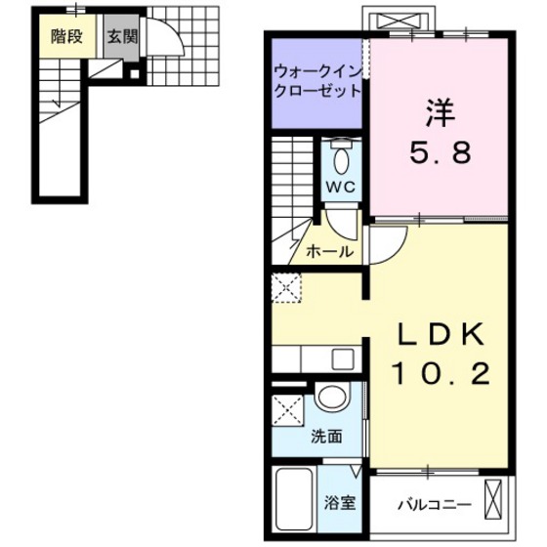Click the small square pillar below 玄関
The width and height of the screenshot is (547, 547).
click(133, 70)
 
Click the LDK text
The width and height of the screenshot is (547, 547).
click(440, 334)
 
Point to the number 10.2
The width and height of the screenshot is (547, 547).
click(441, 372)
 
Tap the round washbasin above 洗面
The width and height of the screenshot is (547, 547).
click(332, 398)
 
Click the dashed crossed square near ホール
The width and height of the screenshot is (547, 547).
click(287, 287)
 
